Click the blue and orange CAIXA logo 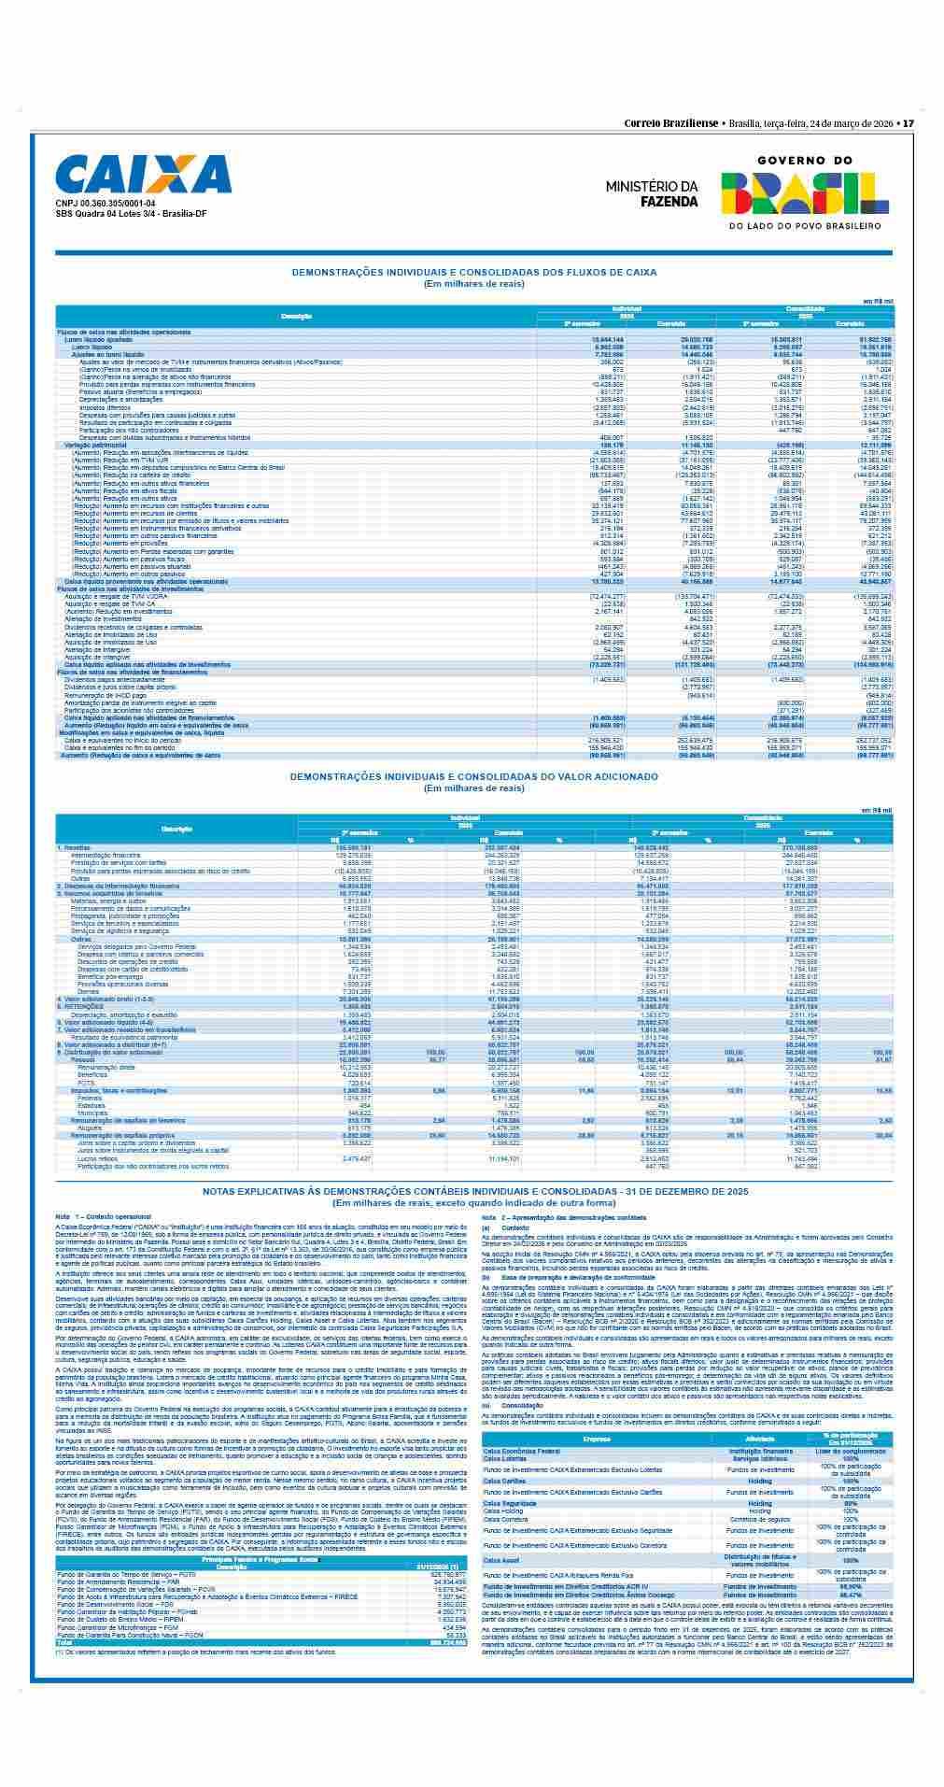tap(143, 175)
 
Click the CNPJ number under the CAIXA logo tap(106, 204)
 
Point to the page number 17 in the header tap(908, 123)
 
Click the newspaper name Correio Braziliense tap(670, 123)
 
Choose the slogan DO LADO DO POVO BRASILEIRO tap(805, 226)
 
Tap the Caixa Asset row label tap(501, 1560)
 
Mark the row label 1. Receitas tap(76, 847)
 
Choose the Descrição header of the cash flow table tap(296, 316)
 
